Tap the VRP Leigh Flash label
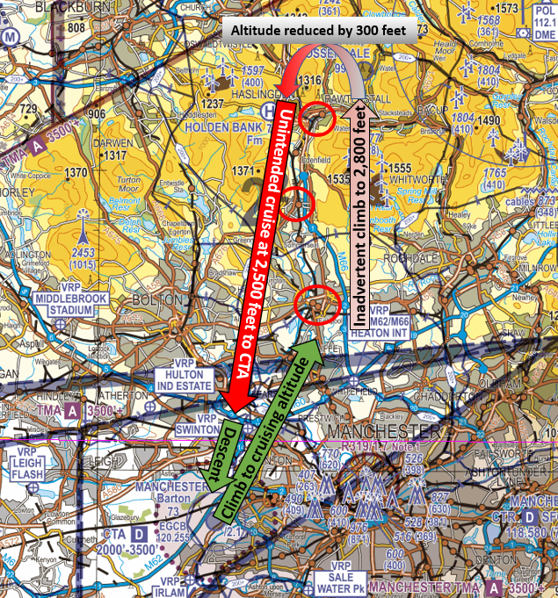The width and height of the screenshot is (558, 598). pos(27,467)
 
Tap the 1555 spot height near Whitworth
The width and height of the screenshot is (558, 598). pos(398,168)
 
